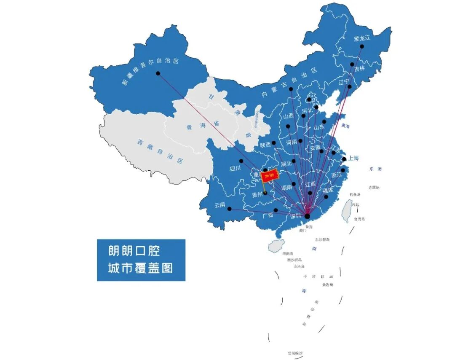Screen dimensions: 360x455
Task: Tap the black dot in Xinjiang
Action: (158, 73)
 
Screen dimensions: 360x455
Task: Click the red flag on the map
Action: (269, 176)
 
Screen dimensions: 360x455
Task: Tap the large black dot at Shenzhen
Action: (307, 216)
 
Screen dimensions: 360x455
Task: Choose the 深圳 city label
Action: (295, 216)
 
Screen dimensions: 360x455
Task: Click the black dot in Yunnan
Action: (229, 209)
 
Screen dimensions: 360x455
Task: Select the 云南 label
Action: (219, 205)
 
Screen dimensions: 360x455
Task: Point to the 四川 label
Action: (234, 169)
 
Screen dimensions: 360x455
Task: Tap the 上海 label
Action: (353, 158)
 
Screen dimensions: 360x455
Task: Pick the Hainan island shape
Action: (276, 246)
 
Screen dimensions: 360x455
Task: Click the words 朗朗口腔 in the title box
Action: (134, 252)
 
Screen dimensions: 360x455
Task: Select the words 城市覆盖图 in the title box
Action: (140, 268)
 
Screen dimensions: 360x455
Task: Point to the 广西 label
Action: (268, 215)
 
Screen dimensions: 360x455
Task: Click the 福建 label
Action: (327, 191)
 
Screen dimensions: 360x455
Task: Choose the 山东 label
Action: (319, 126)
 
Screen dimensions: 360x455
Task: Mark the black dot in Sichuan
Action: (241, 161)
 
